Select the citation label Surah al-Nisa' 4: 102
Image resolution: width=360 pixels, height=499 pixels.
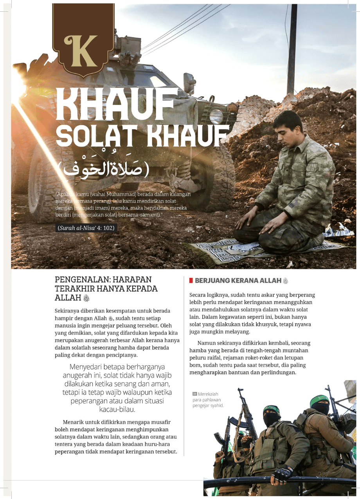[86, 228]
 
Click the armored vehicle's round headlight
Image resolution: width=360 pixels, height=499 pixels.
[216, 115]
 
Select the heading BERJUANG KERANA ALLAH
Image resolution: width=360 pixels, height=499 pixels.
[238, 281]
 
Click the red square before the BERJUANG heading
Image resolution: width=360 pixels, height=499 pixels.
[191, 281]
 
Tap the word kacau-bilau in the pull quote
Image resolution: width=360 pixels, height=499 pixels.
[117, 410]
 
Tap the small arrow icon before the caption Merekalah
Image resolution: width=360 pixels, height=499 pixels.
[194, 394]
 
